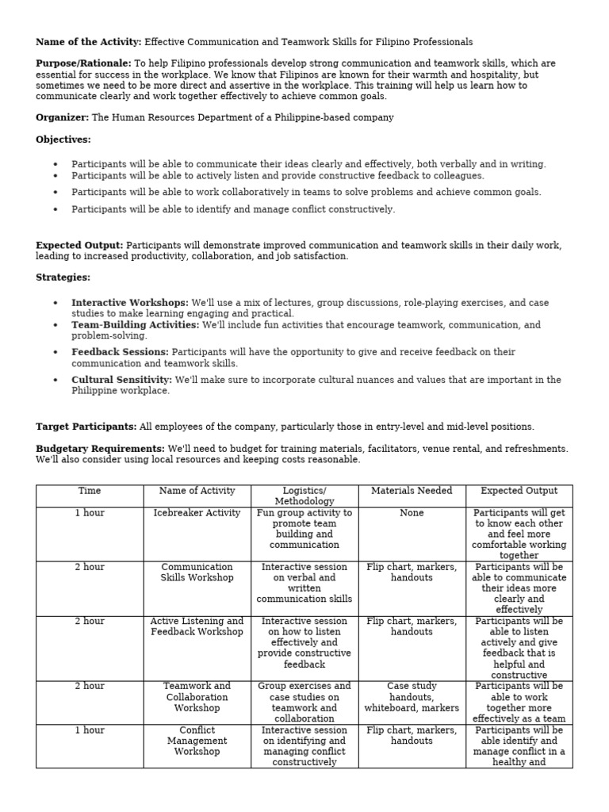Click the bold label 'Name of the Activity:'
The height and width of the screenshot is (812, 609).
[x=88, y=42]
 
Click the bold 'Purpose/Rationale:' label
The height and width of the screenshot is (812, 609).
[x=83, y=63]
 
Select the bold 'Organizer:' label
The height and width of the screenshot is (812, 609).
[x=63, y=117]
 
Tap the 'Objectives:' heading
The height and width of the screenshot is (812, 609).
[x=63, y=140]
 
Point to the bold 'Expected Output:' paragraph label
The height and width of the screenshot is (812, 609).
[x=79, y=246]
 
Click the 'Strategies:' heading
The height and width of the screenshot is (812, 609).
[x=63, y=278]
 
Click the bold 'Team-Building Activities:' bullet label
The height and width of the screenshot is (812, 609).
[x=135, y=325]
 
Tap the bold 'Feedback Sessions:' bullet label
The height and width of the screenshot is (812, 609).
[x=120, y=352]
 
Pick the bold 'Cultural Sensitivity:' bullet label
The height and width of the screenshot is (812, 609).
[x=121, y=380]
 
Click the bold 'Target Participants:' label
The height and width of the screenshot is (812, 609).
[x=86, y=427]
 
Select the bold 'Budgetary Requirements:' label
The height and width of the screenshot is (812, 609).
[x=100, y=449]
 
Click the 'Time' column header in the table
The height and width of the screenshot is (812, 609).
[x=90, y=491]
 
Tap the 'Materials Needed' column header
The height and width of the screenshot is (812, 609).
[x=412, y=491]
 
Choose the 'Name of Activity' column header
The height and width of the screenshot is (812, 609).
[x=197, y=491]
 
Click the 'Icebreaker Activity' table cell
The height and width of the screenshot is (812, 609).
[x=197, y=513]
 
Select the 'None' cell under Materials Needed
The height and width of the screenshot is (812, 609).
[x=412, y=513]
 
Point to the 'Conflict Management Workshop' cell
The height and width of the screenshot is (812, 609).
[x=197, y=741]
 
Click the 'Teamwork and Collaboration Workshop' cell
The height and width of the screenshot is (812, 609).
[x=197, y=697]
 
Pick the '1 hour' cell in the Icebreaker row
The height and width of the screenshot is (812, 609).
[x=90, y=513]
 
